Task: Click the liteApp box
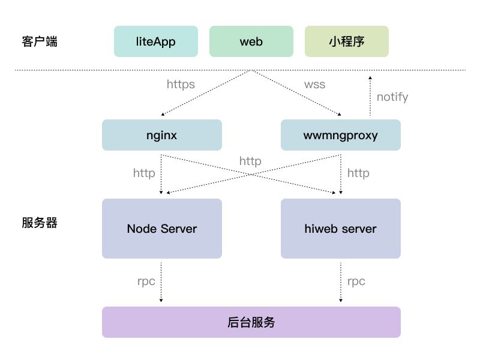point(156,41)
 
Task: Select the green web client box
point(251,41)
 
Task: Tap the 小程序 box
point(347,41)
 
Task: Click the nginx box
point(162,135)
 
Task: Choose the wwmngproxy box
point(341,135)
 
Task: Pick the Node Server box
point(162,229)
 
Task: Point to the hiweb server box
point(341,229)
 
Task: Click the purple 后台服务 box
point(251,322)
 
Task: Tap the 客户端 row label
point(40,41)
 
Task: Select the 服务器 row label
point(40,223)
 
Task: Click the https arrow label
point(181,85)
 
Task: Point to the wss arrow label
point(314,85)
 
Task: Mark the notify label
point(392,97)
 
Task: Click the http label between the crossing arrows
point(250,161)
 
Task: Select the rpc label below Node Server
point(146,281)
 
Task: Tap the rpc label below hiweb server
point(356,281)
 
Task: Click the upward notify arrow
point(370,96)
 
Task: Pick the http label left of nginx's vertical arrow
point(144,173)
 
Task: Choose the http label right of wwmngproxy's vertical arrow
point(358,173)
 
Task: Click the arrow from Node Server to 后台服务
point(161,282)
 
